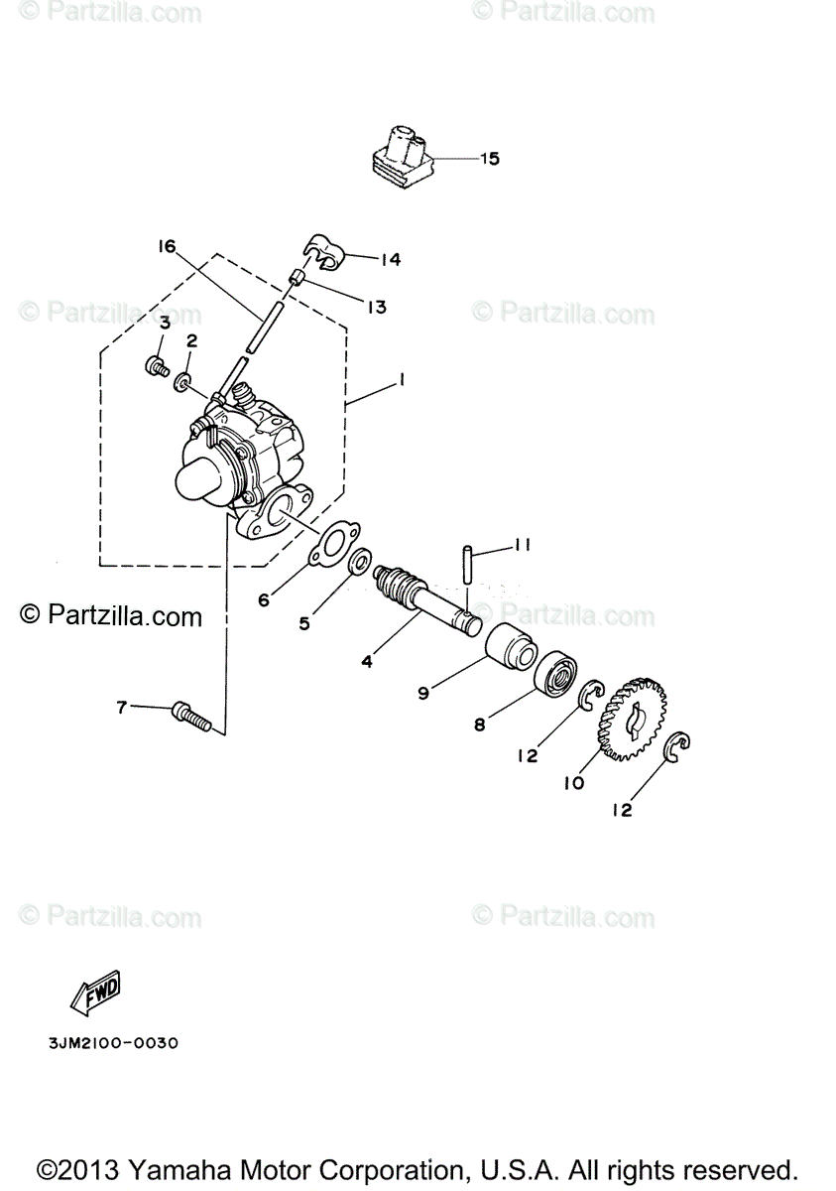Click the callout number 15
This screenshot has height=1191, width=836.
(490, 159)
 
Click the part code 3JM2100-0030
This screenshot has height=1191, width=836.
(112, 1043)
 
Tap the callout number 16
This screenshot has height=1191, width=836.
(166, 246)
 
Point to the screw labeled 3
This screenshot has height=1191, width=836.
(155, 367)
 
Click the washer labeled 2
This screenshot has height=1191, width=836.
(183, 382)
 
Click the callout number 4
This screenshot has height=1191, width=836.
(367, 660)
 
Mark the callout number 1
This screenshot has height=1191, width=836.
(402, 379)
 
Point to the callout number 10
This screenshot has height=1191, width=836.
(573, 783)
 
